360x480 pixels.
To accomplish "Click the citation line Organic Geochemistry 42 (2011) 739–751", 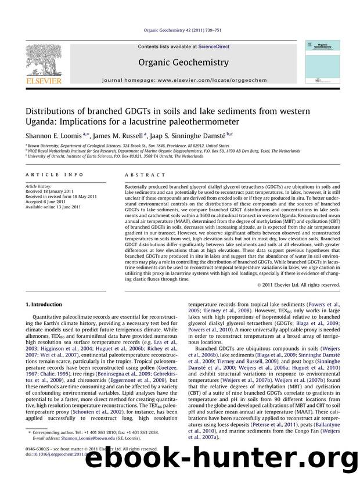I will coord(179,33).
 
